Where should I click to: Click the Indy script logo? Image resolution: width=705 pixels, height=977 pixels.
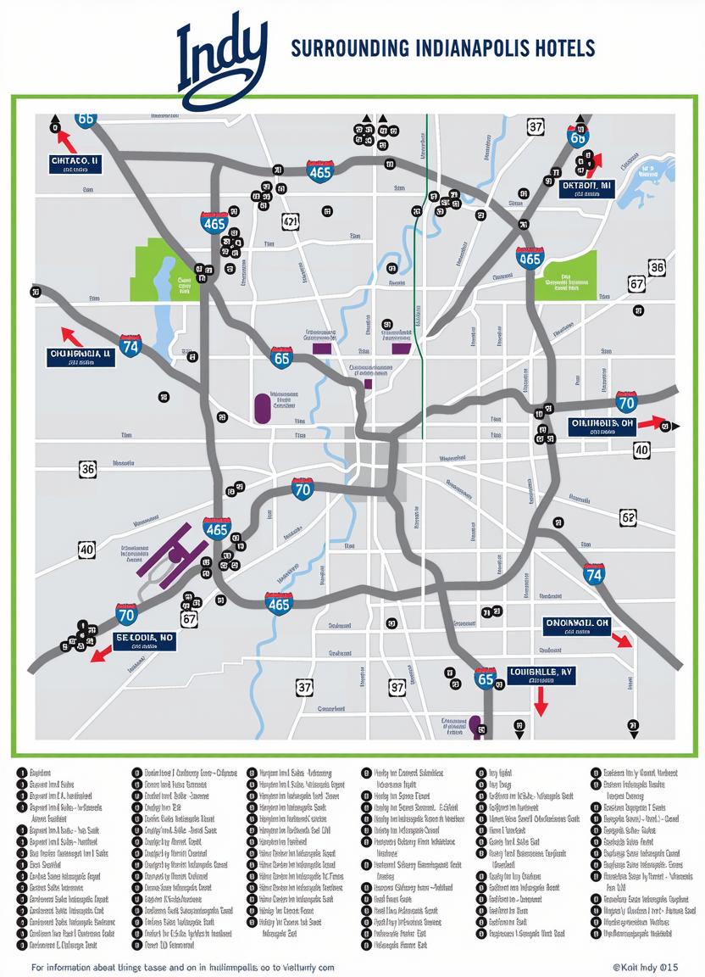(222, 55)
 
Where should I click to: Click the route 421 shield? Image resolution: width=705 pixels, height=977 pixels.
(290, 222)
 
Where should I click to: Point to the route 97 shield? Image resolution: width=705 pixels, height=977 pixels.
(397, 687)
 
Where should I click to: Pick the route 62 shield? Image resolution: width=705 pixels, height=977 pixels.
(628, 516)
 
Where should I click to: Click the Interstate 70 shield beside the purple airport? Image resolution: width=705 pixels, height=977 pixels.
(127, 615)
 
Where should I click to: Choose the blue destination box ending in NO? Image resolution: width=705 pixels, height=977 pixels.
(145, 640)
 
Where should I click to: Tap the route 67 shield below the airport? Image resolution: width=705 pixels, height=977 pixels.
(189, 619)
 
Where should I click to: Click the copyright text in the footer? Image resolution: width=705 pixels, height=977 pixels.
(645, 967)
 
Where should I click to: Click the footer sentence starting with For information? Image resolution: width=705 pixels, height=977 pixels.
(182, 967)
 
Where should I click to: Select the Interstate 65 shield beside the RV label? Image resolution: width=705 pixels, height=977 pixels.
(485, 677)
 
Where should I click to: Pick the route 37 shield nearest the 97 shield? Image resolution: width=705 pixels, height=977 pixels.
(305, 687)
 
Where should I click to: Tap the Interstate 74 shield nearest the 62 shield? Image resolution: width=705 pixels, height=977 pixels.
(594, 574)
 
